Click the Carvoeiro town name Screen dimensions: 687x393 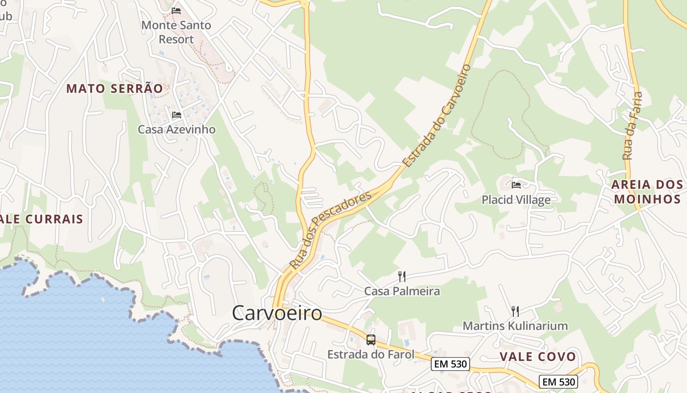pyautogui.click(x=277, y=313)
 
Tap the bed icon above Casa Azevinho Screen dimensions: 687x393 pyautogui.click(x=177, y=115)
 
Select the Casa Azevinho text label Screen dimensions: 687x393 pyautogui.click(x=177, y=130)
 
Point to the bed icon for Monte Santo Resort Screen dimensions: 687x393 pyautogui.click(x=176, y=10)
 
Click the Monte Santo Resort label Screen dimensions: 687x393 pyautogui.click(x=176, y=32)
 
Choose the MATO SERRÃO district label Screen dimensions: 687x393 pyautogui.click(x=114, y=89)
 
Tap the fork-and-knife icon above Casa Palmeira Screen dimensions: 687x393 pyautogui.click(x=402, y=276)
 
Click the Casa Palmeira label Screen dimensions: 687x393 pyautogui.click(x=402, y=291)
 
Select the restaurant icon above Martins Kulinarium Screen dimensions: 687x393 pyautogui.click(x=515, y=311)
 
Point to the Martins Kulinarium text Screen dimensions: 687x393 pyautogui.click(x=515, y=326)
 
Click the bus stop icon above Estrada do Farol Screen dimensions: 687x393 pyautogui.click(x=371, y=339)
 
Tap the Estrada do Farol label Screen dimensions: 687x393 pyautogui.click(x=371, y=354)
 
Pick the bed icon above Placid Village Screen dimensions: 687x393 pyautogui.click(x=516, y=185)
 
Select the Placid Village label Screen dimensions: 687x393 pyautogui.click(x=516, y=200)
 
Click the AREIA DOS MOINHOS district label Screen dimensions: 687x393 pyautogui.click(x=647, y=192)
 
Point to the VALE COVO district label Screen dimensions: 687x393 pyautogui.click(x=538, y=357)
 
